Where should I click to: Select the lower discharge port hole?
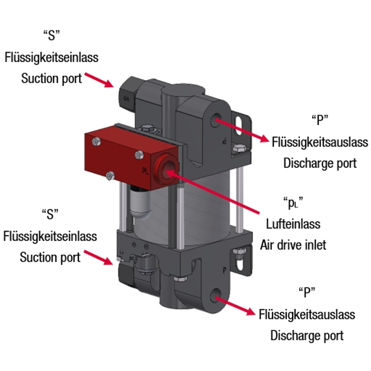pos(215,296)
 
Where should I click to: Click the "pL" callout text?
pos(293,204)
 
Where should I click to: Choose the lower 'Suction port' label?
pos(50,257)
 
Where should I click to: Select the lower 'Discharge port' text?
pos(307,335)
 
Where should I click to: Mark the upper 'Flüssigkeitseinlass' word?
pos(52,57)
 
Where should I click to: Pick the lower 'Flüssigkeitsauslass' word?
pos(307,314)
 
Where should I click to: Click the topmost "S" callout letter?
pos(51,36)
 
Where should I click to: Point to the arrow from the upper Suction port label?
pos(98,78)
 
